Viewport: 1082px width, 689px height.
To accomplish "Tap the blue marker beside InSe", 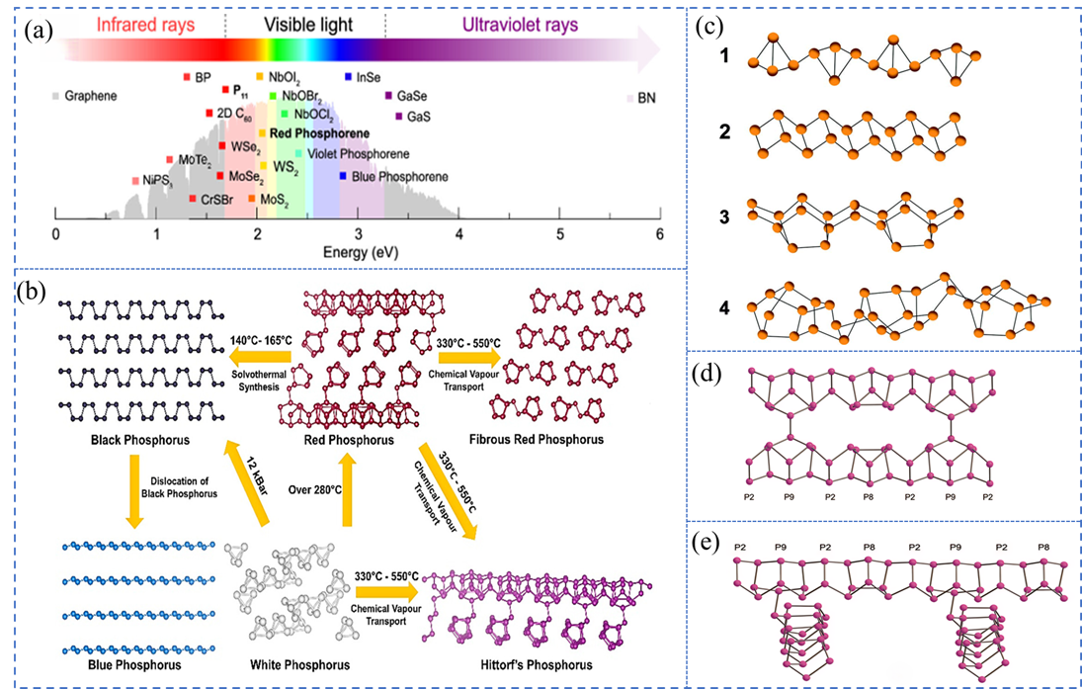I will (x=348, y=76).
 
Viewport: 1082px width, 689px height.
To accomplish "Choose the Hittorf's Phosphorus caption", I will (x=534, y=664).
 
